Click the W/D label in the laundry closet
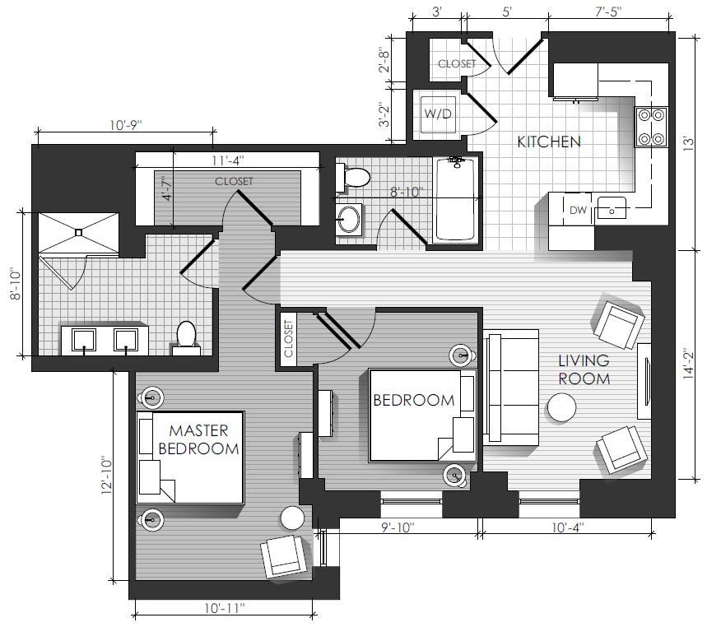pyautogui.click(x=437, y=114)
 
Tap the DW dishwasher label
pyautogui.click(x=578, y=210)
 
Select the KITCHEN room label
pyautogui.click(x=549, y=142)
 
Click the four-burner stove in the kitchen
pyautogui.click(x=651, y=127)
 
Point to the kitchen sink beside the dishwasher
pyautogui.click(x=612, y=208)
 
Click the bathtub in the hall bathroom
pyautogui.click(x=454, y=199)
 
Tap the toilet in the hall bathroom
pyautogui.click(x=353, y=178)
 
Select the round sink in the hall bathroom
pyautogui.click(x=348, y=220)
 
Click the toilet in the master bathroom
pyautogui.click(x=186, y=339)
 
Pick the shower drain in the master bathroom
pyautogui.click(x=79, y=233)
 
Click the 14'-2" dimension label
pyautogui.click(x=689, y=363)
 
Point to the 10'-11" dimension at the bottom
pyautogui.click(x=224, y=608)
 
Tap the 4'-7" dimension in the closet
pyautogui.click(x=167, y=188)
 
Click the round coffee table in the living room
pyautogui.click(x=562, y=407)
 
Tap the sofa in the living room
pyautogui.click(x=511, y=388)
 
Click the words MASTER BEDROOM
pyautogui.click(x=198, y=439)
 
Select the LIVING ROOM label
pyautogui.click(x=584, y=369)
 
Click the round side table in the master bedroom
pyautogui.click(x=293, y=518)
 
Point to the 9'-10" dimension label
pyautogui.click(x=398, y=527)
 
